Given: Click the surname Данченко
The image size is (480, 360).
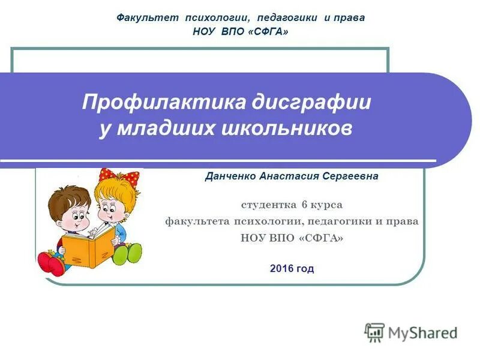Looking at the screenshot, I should (x=231, y=176).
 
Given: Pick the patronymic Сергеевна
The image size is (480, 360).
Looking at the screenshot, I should (x=350, y=176).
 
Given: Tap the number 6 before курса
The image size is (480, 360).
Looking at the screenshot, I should (x=305, y=205).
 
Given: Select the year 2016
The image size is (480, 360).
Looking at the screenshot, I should (x=282, y=268).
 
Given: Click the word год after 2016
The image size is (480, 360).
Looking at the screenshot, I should (x=305, y=268).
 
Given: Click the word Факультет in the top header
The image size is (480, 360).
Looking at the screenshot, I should (x=148, y=18).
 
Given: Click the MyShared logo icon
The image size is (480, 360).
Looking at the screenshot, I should (x=374, y=332).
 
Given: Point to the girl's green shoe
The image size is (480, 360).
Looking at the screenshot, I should (x=128, y=253).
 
